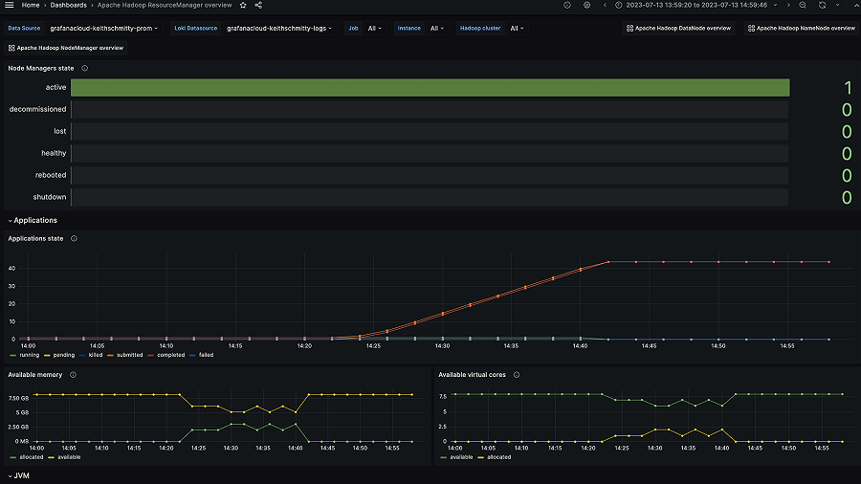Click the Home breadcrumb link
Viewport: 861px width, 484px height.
point(31,5)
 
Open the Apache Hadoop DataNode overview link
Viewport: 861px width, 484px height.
point(678,28)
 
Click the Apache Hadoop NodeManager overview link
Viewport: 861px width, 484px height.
point(66,47)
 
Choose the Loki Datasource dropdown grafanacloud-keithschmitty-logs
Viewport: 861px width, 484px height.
point(279,28)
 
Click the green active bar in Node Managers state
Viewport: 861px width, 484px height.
point(430,87)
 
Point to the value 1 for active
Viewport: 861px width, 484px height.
point(847,87)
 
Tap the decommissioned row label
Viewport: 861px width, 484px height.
point(37,109)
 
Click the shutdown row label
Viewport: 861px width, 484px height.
point(50,197)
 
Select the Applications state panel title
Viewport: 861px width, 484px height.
point(35,238)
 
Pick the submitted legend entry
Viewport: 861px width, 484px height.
point(130,355)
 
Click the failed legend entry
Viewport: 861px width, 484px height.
point(206,355)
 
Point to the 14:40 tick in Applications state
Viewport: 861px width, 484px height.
point(581,345)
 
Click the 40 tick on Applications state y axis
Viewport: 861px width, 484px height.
point(12,268)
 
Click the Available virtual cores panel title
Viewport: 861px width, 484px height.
point(473,374)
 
